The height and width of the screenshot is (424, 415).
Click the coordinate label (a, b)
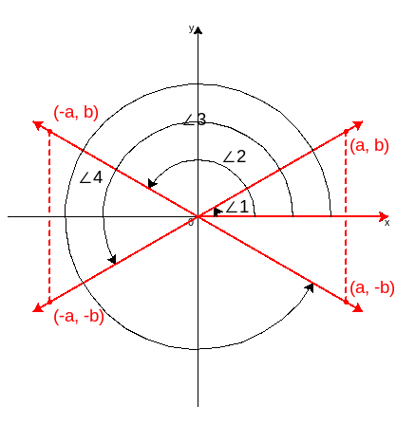click(x=369, y=146)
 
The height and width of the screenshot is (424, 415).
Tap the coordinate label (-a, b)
click(x=76, y=113)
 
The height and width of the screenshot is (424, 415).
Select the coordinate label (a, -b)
click(x=372, y=288)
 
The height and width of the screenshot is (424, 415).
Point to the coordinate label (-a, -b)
click(x=79, y=316)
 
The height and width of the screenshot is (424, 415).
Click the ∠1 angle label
click(x=236, y=208)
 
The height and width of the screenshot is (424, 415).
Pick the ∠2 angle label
click(x=235, y=157)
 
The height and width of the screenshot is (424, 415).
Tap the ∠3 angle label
click(x=195, y=120)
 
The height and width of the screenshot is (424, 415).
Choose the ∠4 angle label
click(x=91, y=177)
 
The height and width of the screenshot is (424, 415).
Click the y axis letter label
click(x=191, y=28)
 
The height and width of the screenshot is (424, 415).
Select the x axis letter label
click(x=387, y=223)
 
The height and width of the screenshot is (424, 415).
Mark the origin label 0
click(x=191, y=223)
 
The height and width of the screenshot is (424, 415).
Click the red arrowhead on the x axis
click(x=384, y=216)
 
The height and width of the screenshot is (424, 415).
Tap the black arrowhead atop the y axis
click(x=198, y=30)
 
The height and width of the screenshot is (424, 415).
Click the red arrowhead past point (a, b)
click(x=358, y=124)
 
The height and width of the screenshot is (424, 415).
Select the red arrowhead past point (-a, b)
click(x=38, y=125)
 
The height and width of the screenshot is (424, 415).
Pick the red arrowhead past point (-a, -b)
click(x=38, y=308)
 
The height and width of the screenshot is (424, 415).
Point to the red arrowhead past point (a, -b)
click(x=358, y=308)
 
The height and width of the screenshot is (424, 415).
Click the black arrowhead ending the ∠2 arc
click(x=152, y=183)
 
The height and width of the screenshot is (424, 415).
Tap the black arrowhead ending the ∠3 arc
click(x=113, y=259)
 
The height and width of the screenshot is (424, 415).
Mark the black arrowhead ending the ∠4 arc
click(x=309, y=287)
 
